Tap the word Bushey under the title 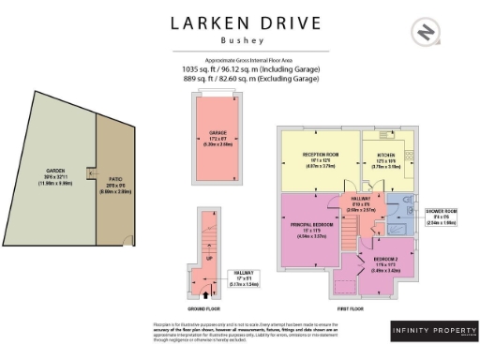pyautogui.click(x=239, y=41)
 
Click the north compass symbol pyautogui.click(x=427, y=33)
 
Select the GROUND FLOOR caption pyautogui.click(x=209, y=307)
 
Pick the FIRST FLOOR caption pyautogui.click(x=351, y=307)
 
